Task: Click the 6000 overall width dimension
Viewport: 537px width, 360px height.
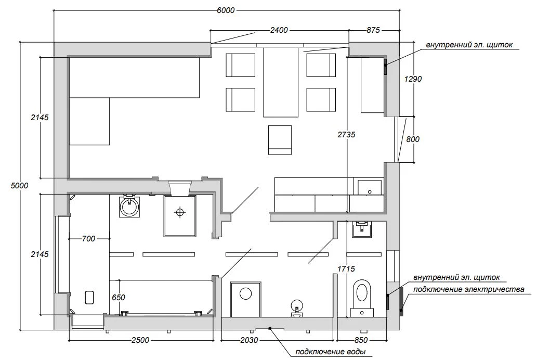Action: pos(226,10)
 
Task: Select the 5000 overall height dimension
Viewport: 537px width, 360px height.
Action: pos(20,186)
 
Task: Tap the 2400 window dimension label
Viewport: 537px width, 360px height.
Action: pos(279,30)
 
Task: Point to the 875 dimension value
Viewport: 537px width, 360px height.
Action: pos(373,30)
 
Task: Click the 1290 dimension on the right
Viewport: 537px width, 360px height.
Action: pos(413,79)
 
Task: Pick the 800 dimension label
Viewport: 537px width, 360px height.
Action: pos(413,139)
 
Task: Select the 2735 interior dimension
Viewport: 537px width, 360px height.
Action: pos(346,134)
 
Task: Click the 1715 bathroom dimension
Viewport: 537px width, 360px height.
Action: pos(346,269)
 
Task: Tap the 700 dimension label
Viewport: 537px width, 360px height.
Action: pos(88,238)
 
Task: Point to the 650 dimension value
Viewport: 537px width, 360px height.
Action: pos(119,297)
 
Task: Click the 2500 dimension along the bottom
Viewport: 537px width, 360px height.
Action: pos(140,340)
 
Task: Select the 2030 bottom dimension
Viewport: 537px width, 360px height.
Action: pos(249,340)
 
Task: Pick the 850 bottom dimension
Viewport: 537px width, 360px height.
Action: pos(361,340)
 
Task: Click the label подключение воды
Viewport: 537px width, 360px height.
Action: pos(331,352)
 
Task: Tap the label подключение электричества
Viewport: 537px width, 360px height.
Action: pos(468,289)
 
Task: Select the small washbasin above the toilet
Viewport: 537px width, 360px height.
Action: pos(361,229)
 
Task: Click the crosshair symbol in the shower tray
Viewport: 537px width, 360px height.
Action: pos(179,212)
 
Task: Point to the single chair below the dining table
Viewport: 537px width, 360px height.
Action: pos(280,140)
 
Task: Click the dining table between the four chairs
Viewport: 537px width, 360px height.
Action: pos(280,82)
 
